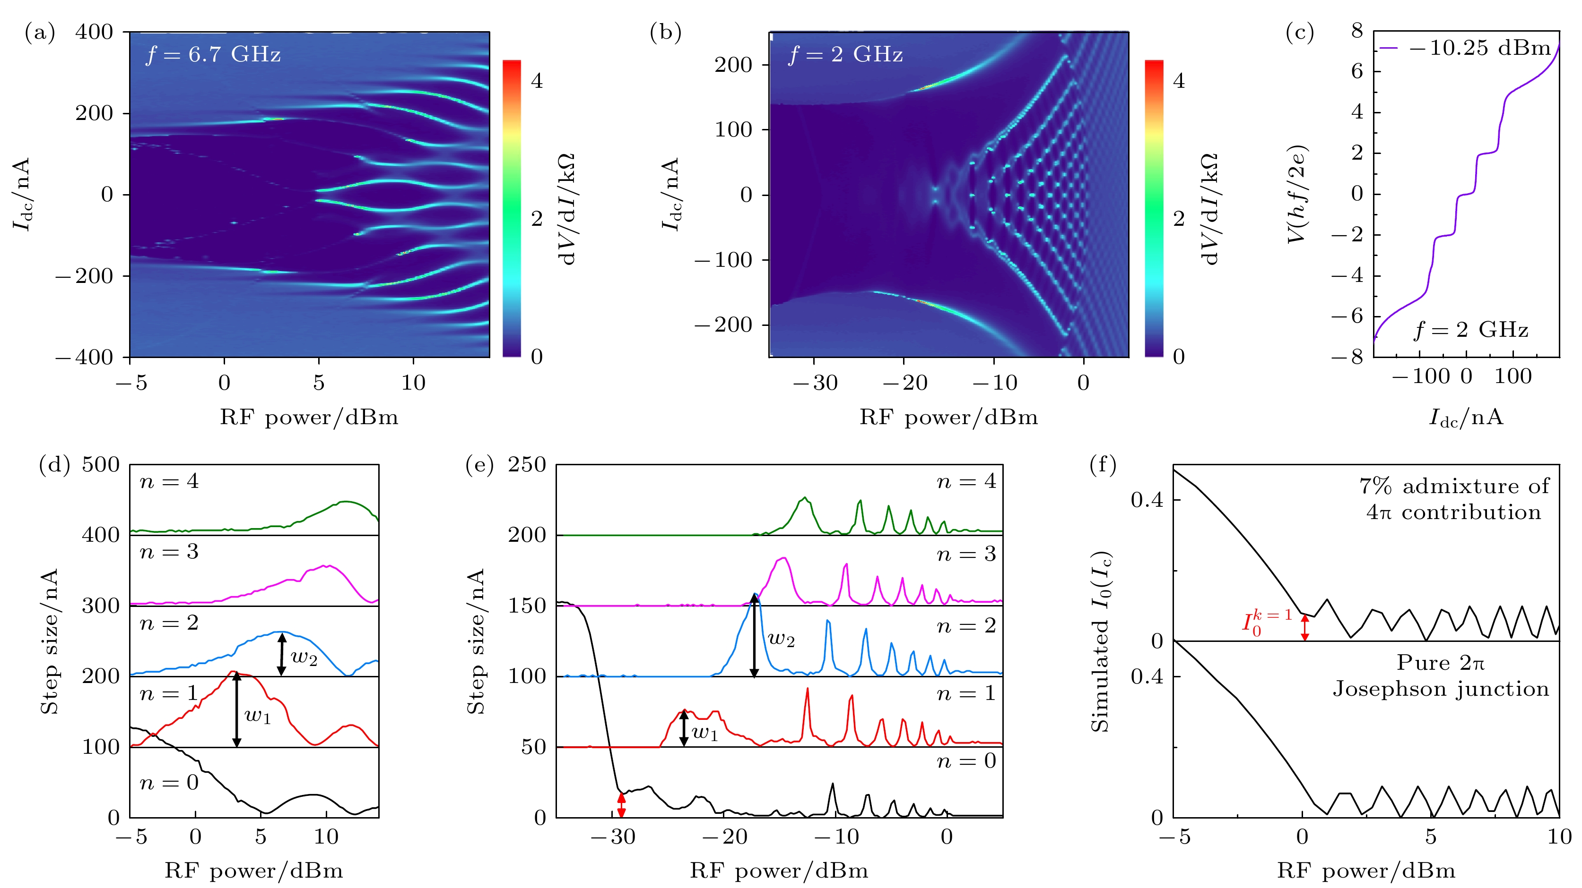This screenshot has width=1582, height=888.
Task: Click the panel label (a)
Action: [39, 32]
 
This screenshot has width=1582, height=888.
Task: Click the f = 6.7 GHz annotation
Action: [213, 55]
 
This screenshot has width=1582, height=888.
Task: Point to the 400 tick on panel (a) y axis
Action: [94, 32]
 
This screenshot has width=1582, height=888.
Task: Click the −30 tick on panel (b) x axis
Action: [814, 383]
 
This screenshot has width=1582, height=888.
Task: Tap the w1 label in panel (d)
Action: [257, 716]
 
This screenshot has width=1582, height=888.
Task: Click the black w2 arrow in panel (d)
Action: [281, 654]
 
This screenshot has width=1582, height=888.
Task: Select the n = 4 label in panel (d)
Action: [169, 482]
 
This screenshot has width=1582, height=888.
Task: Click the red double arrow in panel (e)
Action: [621, 805]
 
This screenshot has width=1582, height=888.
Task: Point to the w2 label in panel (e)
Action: [781, 640]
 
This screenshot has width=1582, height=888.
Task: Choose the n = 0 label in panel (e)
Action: [966, 761]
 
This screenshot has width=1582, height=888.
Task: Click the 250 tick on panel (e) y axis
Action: [526, 465]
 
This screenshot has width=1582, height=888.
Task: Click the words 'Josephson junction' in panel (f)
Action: [1441, 689]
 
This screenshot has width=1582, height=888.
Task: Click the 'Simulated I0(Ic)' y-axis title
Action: [1101, 642]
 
